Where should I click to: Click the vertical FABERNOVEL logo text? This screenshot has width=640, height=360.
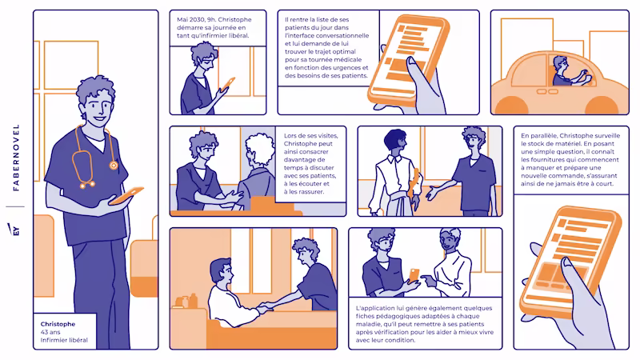click(x=16, y=158)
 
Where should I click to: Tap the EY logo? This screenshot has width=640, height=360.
click(x=14, y=230)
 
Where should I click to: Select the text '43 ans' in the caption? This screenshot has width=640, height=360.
click(x=50, y=332)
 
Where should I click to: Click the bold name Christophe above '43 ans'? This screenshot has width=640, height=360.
click(x=58, y=324)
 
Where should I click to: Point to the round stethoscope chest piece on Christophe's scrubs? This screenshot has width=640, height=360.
click(x=114, y=166)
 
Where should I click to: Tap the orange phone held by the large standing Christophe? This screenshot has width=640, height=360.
click(x=126, y=195)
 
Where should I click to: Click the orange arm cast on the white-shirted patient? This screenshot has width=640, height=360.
click(x=415, y=183)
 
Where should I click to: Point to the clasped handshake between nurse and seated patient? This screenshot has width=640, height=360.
click(x=266, y=307)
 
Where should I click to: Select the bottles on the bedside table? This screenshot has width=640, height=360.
click(x=186, y=301)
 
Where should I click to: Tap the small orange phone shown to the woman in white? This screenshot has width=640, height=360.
click(x=414, y=274)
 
